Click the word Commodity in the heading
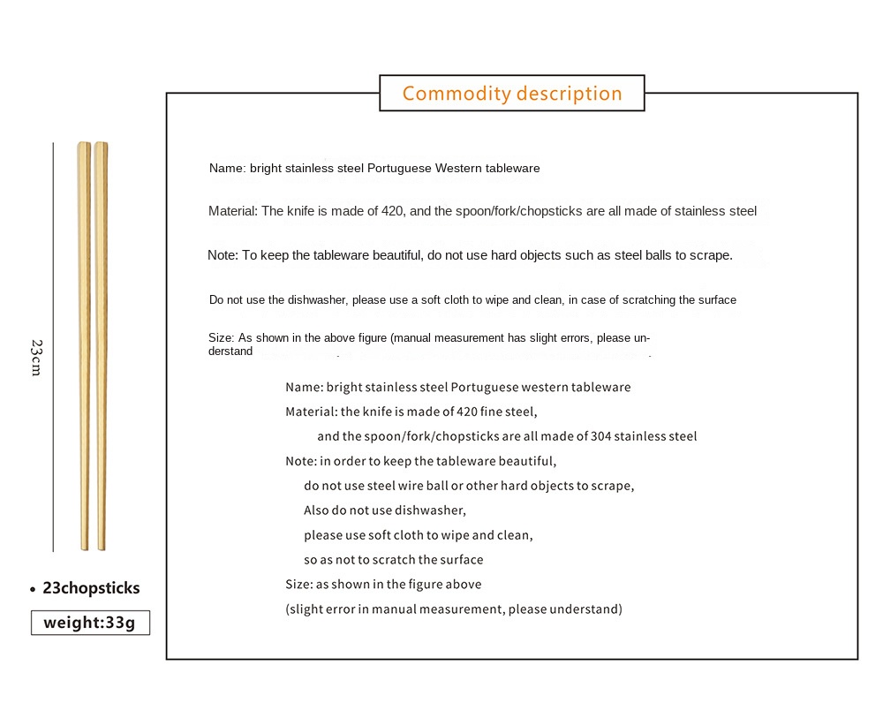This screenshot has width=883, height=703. tap(456, 94)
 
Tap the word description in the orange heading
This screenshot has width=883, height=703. tap(570, 94)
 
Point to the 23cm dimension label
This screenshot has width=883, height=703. tap(36, 357)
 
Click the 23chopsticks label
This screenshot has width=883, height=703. tap(91, 588)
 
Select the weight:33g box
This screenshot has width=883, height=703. tap(90, 623)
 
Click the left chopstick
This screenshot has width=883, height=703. tap(84, 344)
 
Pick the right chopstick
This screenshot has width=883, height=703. tap(101, 344)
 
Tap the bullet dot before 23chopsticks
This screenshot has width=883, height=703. tap(33, 589)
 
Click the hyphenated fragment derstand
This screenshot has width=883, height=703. tap(230, 351)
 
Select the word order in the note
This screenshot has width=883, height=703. tap(351, 461)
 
